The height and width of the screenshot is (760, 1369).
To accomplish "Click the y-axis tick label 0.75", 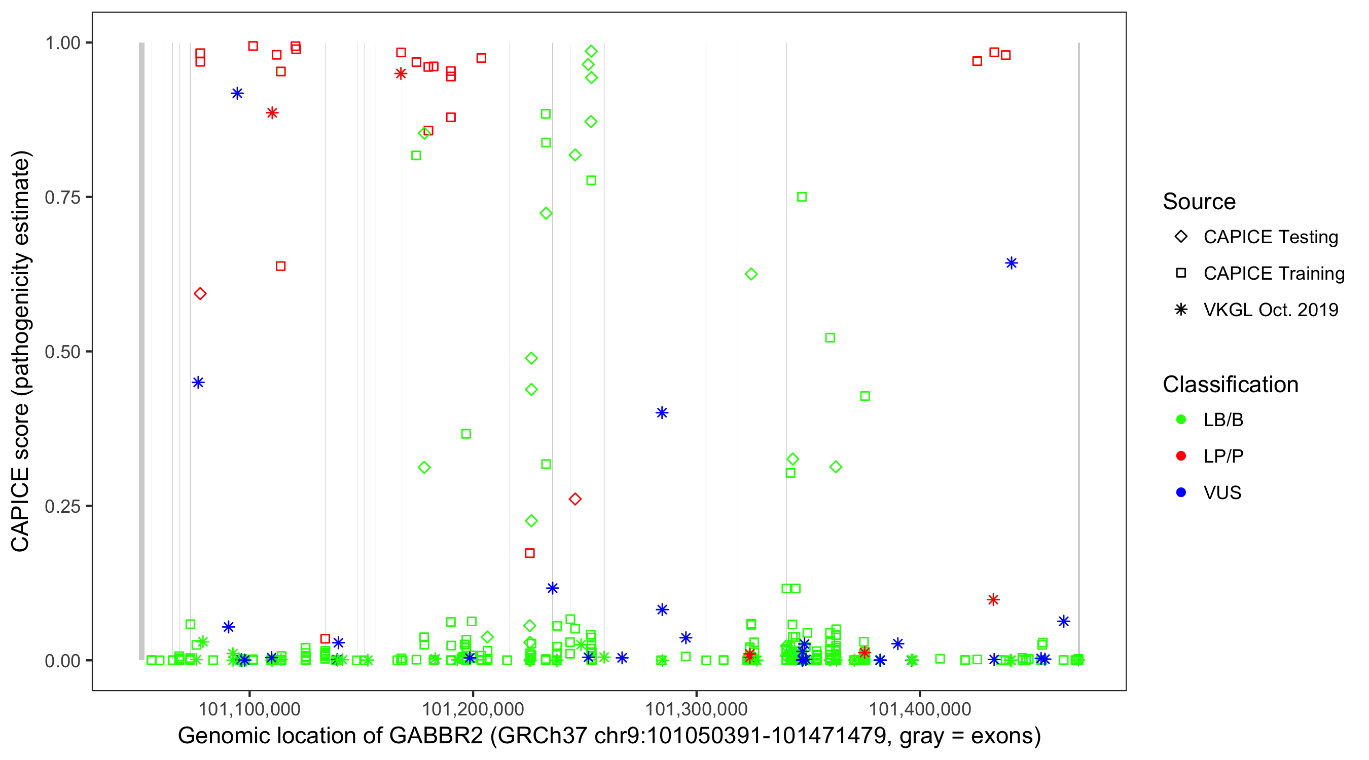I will click(62, 197).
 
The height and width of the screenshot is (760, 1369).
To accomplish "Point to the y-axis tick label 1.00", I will click(62, 43).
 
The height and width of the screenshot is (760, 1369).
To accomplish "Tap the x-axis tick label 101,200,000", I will click(473, 708).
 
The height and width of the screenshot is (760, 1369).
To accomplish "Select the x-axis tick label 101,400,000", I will click(919, 708).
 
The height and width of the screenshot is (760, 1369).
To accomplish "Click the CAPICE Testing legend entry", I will click(1270, 237).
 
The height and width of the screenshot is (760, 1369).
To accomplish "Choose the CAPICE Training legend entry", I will click(1273, 274).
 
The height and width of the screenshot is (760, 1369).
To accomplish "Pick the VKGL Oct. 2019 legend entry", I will click(1270, 310).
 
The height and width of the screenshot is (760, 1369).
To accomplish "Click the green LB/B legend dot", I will click(1181, 420).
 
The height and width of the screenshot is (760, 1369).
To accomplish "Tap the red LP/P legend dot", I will click(1181, 456).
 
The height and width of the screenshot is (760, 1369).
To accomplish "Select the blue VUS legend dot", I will click(1181, 492).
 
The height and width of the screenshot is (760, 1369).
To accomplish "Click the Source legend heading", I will click(1199, 202).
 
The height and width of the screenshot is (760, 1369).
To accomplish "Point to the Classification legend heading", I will click(1230, 385).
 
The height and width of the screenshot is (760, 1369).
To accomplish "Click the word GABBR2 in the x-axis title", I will click(436, 736).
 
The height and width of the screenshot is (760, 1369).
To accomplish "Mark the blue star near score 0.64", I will click(1012, 263).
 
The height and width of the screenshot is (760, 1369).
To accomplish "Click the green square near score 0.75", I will click(802, 197).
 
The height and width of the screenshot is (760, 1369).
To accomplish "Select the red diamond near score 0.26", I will click(574, 499).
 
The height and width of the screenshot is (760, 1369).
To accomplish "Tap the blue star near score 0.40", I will click(662, 412).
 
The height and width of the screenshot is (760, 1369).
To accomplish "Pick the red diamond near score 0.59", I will click(200, 294).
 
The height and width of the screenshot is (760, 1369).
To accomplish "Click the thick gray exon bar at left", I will click(141, 351).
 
